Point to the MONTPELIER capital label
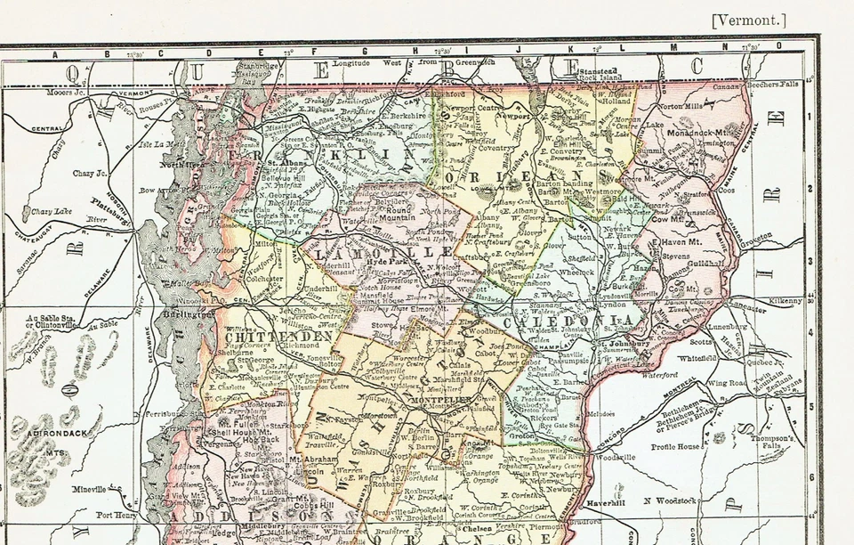coord(439,401)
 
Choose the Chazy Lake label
coord(51,211)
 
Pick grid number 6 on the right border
coord(811,476)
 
